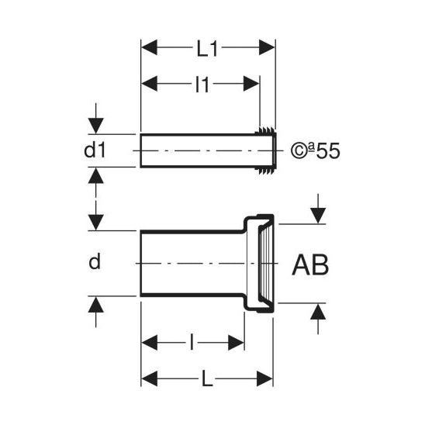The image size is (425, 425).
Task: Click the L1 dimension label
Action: coord(207,50)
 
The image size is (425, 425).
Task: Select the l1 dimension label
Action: coord(202,85)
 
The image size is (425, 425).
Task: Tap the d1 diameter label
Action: coord(95,150)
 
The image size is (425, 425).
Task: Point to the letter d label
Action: coord(95,261)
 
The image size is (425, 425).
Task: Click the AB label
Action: coord(310,264)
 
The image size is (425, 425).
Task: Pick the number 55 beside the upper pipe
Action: coord(328,151)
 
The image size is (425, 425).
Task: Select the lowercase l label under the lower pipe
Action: coord(192,342)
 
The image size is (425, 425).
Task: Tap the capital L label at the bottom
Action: coord(207,378)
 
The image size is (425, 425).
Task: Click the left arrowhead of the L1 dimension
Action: coord(150,47)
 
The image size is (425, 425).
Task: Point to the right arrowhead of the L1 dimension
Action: coord(267,47)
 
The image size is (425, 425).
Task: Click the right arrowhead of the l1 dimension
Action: coord(251,84)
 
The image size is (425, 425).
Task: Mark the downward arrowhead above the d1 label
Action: coord(96,126)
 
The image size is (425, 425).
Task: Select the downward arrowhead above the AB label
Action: coord(318,216)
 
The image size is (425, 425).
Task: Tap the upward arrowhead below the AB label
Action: coord(318,311)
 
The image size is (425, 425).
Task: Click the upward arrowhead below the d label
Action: coord(96,304)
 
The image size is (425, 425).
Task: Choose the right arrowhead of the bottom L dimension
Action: coord(264,378)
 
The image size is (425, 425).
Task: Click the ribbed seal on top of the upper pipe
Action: coord(266,130)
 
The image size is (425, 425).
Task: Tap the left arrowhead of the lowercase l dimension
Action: coord(150,342)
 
